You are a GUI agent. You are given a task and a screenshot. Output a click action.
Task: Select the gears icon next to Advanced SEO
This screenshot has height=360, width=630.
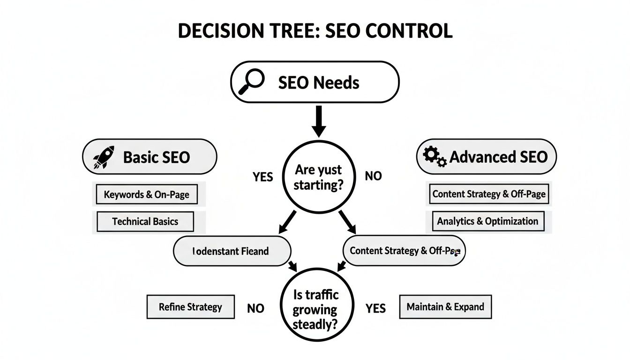[x=435, y=157]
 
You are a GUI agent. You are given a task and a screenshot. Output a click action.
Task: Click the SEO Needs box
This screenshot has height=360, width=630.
[x=315, y=82]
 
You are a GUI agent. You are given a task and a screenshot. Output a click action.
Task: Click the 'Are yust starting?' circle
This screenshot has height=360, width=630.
[x=318, y=176]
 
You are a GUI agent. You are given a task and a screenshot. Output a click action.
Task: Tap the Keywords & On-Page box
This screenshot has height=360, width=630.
[x=147, y=194]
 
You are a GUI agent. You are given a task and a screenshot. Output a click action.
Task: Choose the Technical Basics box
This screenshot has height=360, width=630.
[x=145, y=221]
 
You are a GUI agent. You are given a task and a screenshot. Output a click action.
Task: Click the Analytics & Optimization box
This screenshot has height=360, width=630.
[x=487, y=221]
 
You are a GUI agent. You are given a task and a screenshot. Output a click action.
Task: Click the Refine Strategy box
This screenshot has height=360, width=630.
[x=190, y=307]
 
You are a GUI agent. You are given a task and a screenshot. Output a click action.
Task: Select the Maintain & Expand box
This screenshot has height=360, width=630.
[x=445, y=307]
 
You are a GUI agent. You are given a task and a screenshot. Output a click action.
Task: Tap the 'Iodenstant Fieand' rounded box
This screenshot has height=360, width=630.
[x=232, y=251]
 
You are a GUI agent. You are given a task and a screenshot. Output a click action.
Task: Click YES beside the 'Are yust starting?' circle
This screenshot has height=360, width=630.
[x=263, y=177]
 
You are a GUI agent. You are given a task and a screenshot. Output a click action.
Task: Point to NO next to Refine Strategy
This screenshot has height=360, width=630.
[x=255, y=308]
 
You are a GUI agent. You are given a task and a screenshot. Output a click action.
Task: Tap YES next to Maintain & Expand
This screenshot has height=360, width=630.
[x=375, y=308]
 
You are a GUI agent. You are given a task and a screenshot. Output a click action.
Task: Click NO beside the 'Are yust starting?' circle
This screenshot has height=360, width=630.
[x=373, y=176]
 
